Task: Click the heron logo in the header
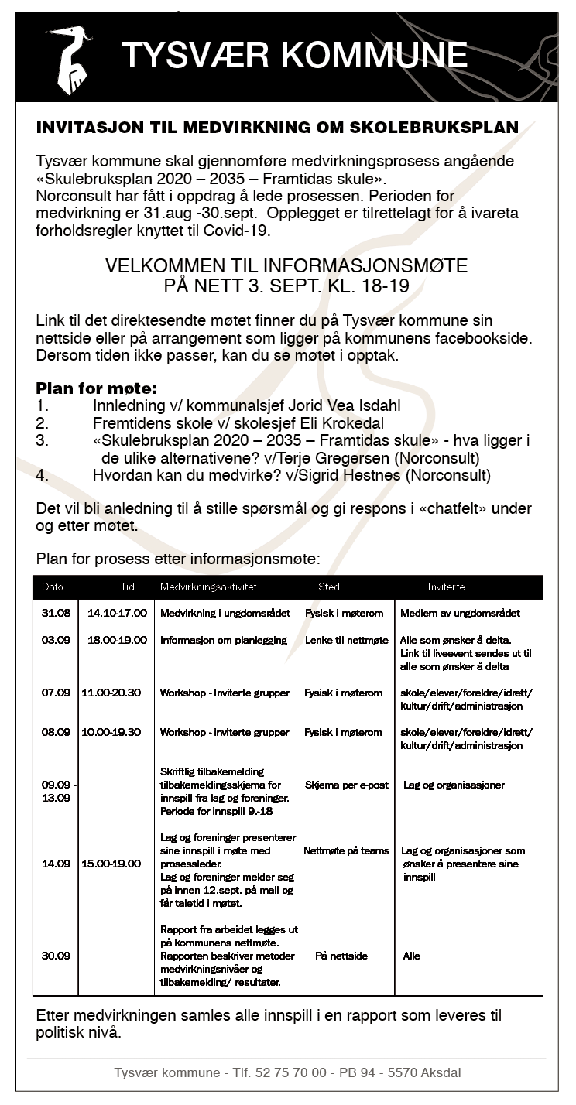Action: (70, 59)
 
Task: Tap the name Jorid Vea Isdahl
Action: (335, 405)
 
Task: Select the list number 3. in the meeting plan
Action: (43, 440)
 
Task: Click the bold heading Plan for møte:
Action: (96, 388)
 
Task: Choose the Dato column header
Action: (53, 587)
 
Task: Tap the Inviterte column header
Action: (447, 587)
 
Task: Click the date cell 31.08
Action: (56, 613)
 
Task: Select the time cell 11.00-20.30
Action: (111, 693)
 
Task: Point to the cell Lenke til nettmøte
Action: (347, 640)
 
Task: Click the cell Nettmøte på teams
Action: (346, 850)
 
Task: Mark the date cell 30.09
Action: (56, 956)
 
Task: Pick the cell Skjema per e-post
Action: (347, 785)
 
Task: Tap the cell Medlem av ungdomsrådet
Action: (460, 613)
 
